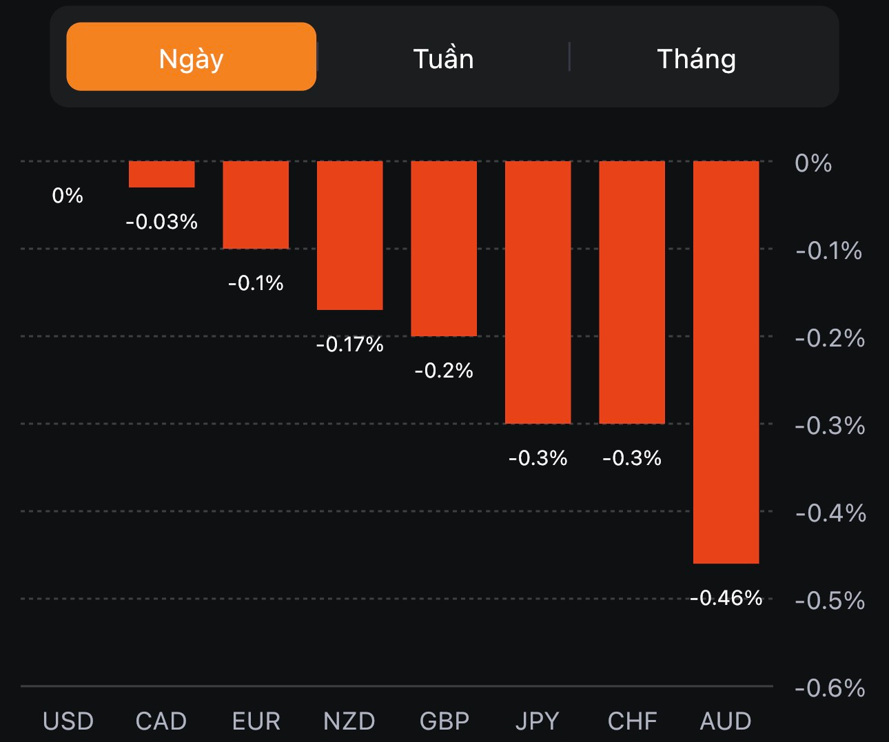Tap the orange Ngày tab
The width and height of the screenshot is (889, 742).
tap(191, 57)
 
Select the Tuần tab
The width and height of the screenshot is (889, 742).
tap(443, 59)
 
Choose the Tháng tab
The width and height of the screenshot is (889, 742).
tap(696, 59)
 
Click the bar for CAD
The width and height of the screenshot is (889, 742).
tap(161, 174)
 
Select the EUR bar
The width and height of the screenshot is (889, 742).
tap(255, 205)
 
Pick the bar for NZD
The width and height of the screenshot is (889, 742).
tap(349, 235)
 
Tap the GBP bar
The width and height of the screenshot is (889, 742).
tap(444, 248)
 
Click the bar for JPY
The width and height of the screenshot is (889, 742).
tap(538, 292)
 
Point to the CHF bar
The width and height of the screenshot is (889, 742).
tap(632, 292)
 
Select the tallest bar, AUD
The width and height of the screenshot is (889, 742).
tap(726, 362)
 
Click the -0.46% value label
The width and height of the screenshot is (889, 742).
tap(726, 597)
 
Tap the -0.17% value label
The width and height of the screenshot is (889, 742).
tap(349, 344)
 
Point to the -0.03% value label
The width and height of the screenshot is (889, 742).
tap(161, 221)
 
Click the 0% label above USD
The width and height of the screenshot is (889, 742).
tap(68, 195)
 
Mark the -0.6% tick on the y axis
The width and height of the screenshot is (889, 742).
tap(830, 688)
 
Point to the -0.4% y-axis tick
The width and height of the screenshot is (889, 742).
tap(830, 513)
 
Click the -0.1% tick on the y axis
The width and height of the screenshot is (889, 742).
tap(828, 251)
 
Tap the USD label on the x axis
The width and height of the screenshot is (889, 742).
tap(68, 721)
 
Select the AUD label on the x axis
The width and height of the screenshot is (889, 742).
tap(726, 721)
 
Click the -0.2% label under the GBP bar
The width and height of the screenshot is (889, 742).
tap(444, 371)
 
